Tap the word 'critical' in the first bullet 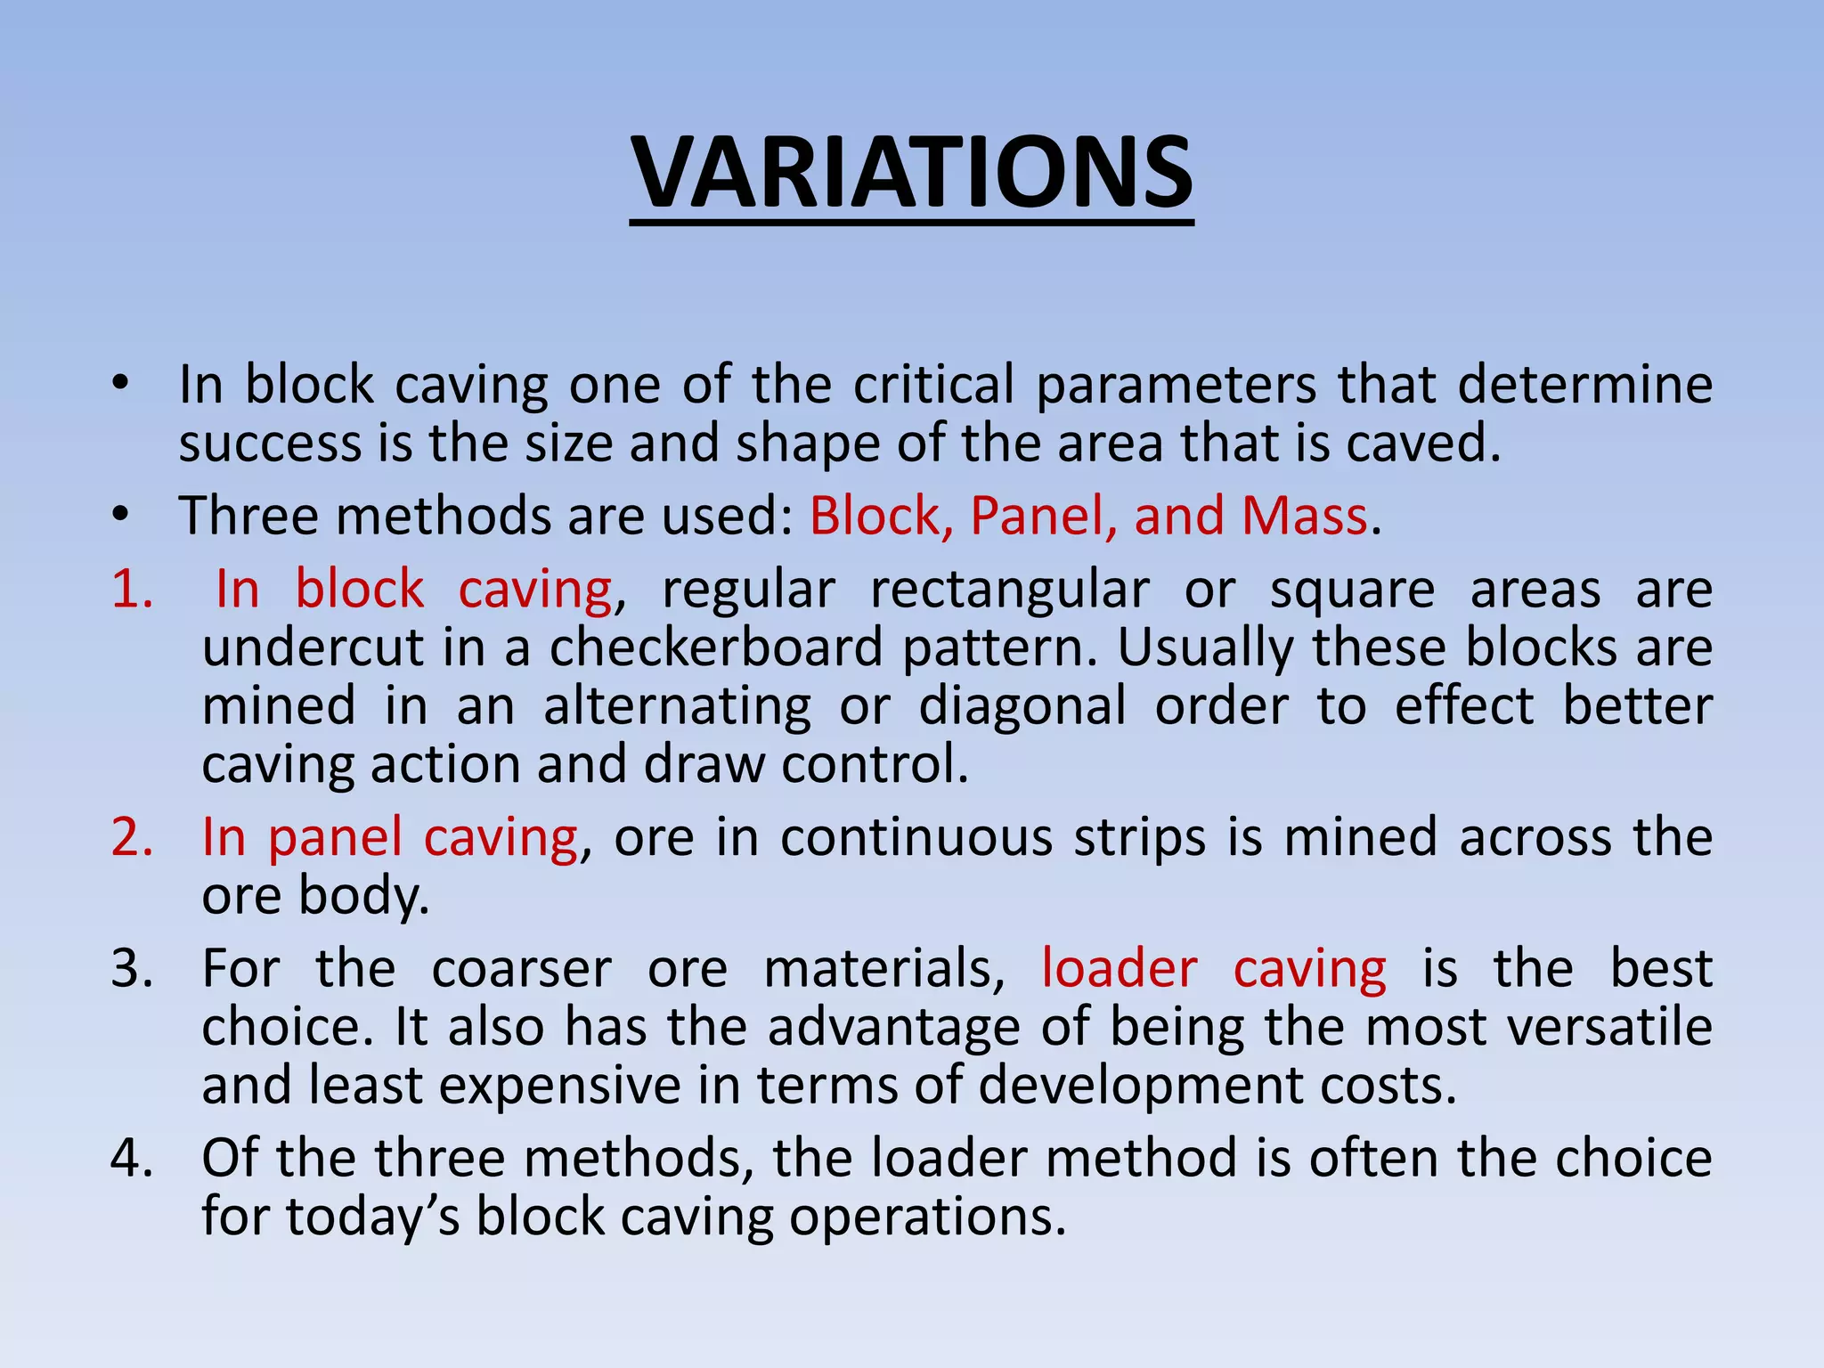[x=933, y=385]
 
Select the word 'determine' [x=1585, y=385]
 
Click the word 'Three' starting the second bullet [x=247, y=516]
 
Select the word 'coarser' [x=521, y=968]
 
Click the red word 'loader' [x=1119, y=968]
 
